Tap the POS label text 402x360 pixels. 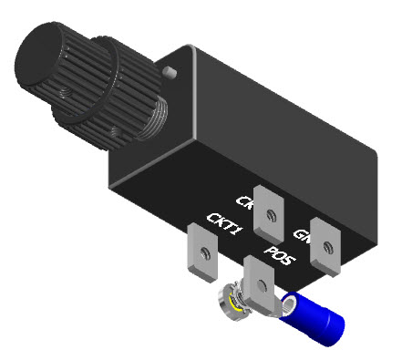tap(278, 255)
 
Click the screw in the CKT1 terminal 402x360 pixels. tap(204, 252)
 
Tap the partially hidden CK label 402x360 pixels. tap(244, 201)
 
